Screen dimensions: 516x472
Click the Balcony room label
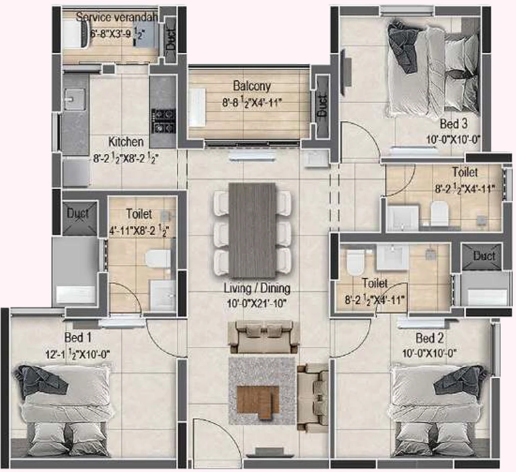click(252, 86)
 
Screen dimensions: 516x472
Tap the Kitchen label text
click(126, 142)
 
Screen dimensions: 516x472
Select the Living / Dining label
click(257, 288)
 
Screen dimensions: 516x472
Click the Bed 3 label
click(454, 124)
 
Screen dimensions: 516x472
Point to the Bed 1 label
click(78, 337)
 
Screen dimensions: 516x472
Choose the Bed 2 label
click(429, 338)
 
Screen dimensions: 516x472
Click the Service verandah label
click(117, 17)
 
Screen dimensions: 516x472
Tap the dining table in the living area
click(252, 230)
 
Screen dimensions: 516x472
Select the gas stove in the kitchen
click(164, 121)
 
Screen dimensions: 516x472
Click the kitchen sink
click(75, 99)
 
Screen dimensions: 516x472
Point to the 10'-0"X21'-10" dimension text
click(256, 303)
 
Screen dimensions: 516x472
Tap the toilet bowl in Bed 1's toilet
click(158, 259)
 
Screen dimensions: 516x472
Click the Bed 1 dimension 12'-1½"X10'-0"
click(78, 355)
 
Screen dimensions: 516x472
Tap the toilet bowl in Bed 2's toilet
click(355, 261)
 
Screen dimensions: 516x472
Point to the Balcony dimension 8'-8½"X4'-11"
click(252, 102)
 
